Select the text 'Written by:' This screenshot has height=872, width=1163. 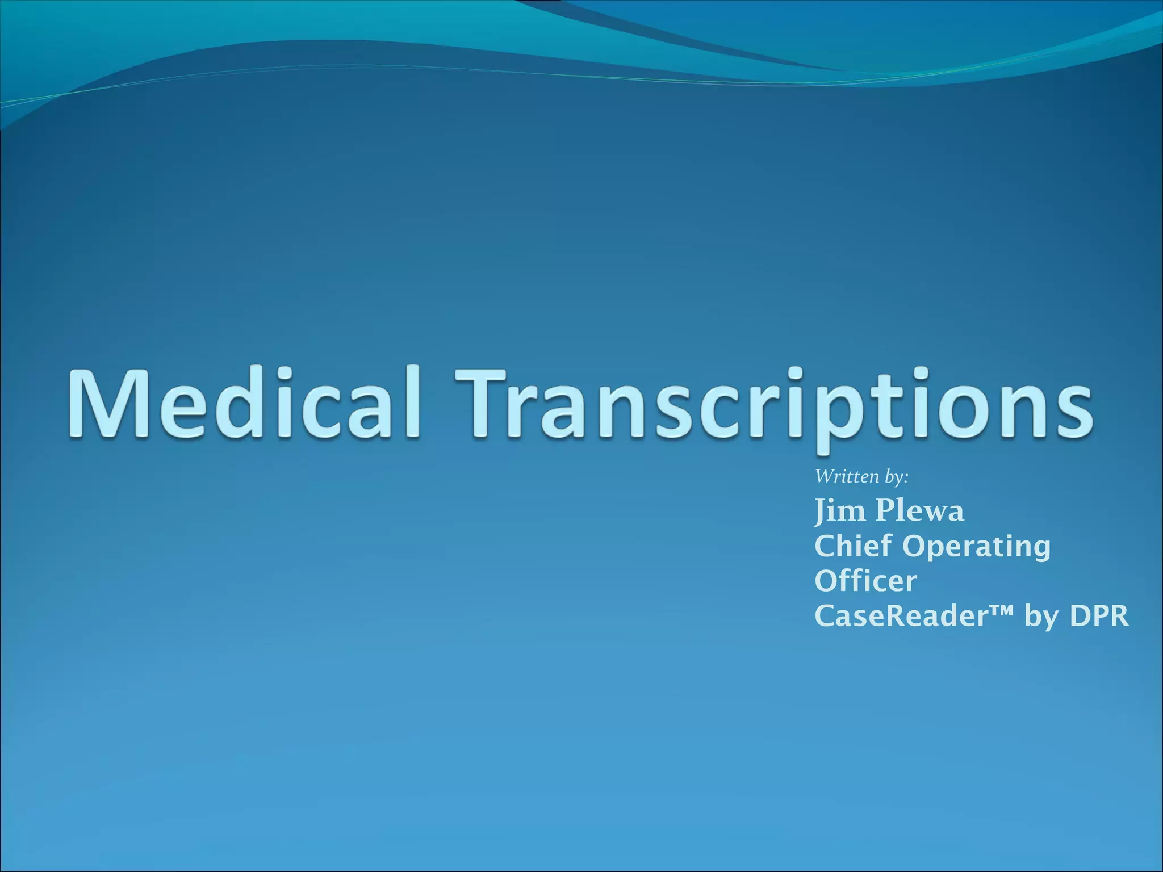pyautogui.click(x=861, y=477)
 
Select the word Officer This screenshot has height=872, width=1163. pyautogui.click(x=865, y=581)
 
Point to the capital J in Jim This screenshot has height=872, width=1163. pyautogui.click(x=821, y=511)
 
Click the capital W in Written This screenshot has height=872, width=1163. pyautogui.click(x=823, y=477)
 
